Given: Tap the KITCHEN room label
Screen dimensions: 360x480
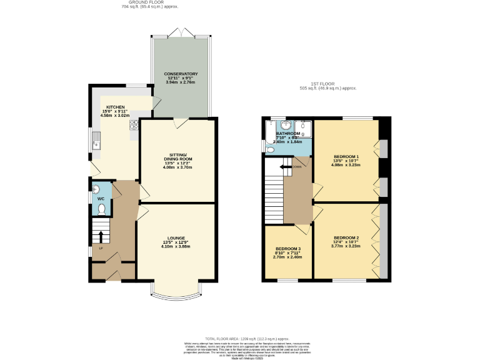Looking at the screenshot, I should pos(115,107).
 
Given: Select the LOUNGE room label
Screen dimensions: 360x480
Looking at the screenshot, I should pos(177,238).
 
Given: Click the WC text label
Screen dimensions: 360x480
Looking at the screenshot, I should pos(100,199).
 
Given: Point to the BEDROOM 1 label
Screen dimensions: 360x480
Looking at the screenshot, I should pos(346,156).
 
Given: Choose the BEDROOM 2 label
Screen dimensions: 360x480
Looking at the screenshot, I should pos(346,238).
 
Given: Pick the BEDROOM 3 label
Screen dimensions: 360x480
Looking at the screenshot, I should pos(288,249).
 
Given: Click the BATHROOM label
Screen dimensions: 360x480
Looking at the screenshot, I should pos(288,133).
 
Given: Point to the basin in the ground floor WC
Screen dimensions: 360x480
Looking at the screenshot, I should pos(95,189).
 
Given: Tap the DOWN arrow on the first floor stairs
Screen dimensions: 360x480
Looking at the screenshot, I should pos(285,167).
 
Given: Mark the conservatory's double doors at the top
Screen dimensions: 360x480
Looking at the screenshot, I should pos(181,31).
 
